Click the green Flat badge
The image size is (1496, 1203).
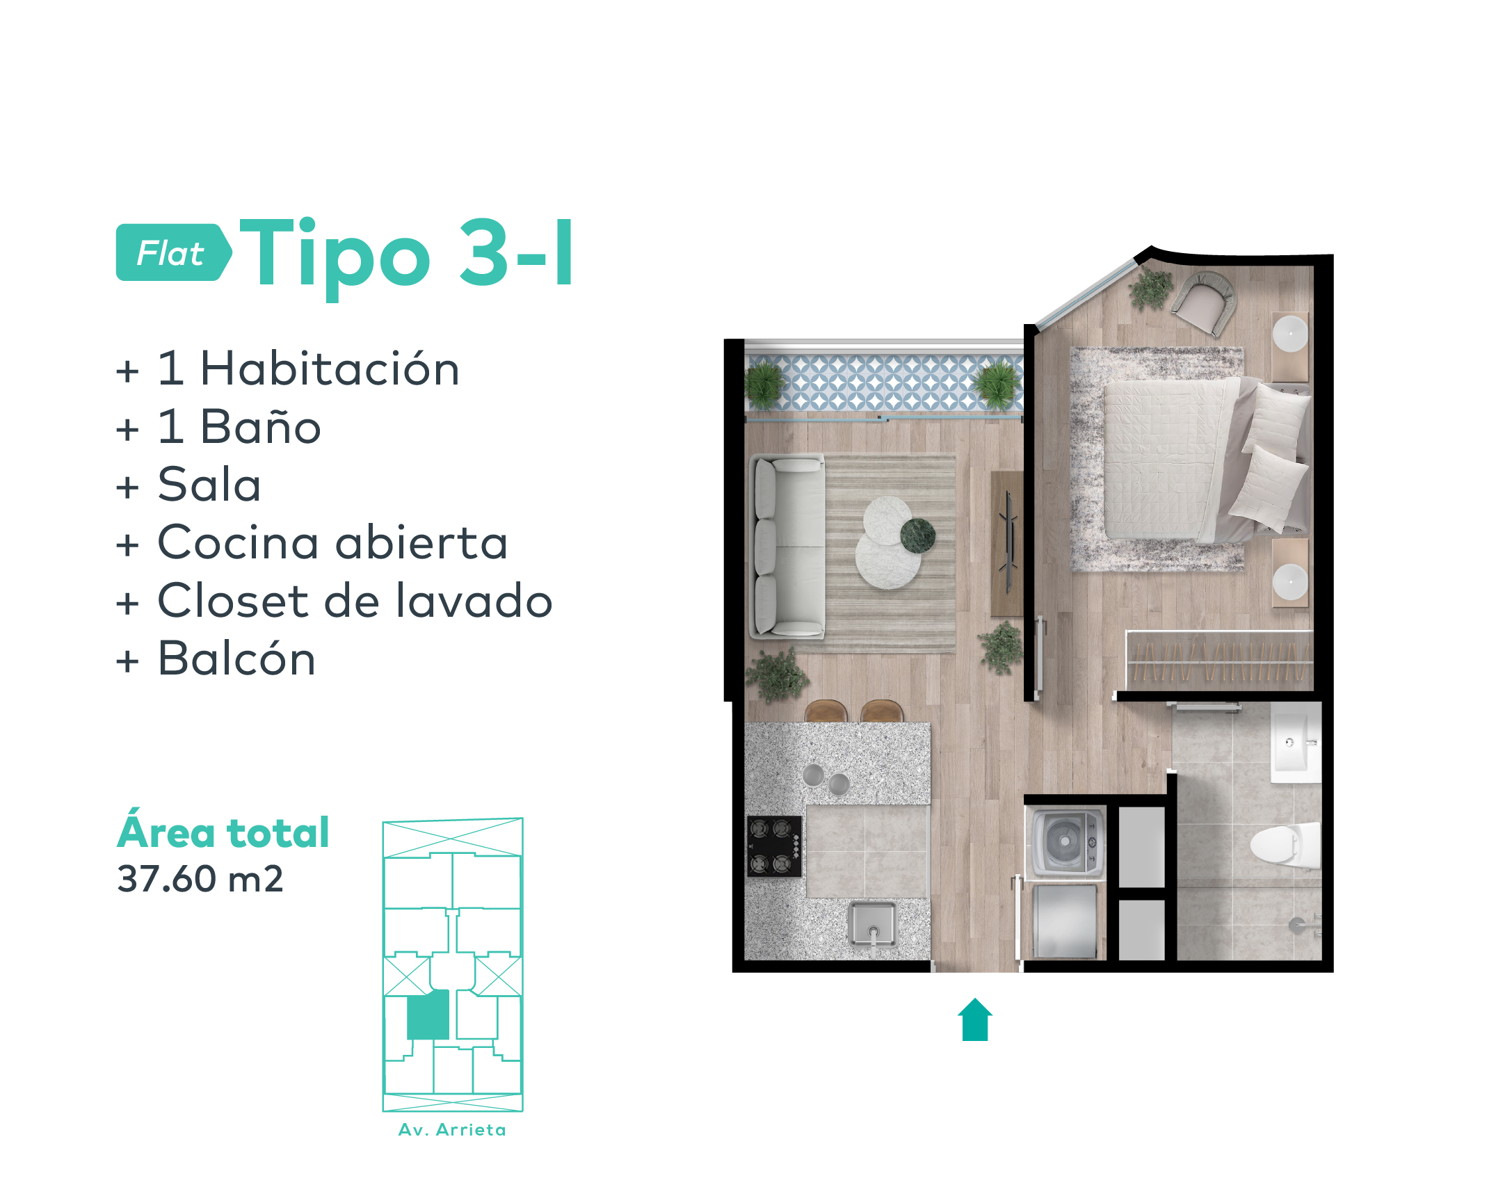[173, 252]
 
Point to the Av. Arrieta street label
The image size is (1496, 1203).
[452, 1130]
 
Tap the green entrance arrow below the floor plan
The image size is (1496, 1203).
[975, 1019]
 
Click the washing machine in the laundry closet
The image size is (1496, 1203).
[1065, 841]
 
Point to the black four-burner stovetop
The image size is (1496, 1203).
[774, 846]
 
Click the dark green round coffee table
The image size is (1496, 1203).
[917, 535]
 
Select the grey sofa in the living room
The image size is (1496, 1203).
[787, 547]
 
